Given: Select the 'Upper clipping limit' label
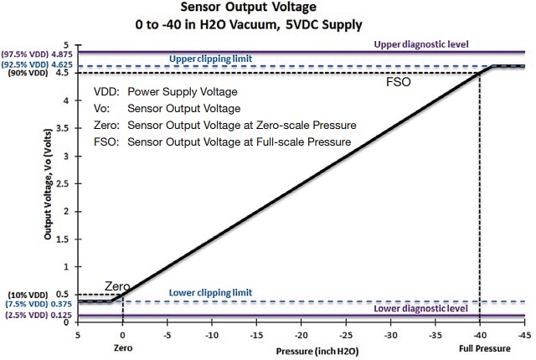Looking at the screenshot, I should click(x=211, y=59).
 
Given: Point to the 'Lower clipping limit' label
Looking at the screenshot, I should click(x=210, y=292).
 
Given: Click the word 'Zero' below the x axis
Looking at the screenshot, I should click(x=123, y=344).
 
